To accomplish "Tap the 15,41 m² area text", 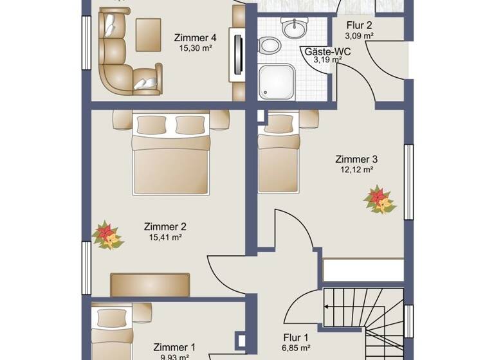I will click(x=165, y=237).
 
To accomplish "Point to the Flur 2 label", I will click(x=360, y=25).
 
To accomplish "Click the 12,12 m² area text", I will click(x=356, y=170).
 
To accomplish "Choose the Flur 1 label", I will click(x=297, y=337).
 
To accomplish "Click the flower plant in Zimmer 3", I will click(x=380, y=199).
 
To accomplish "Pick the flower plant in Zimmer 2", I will click(x=107, y=235).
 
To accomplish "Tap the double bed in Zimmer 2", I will click(x=171, y=154).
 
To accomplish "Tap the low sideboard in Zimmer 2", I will click(x=150, y=285).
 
